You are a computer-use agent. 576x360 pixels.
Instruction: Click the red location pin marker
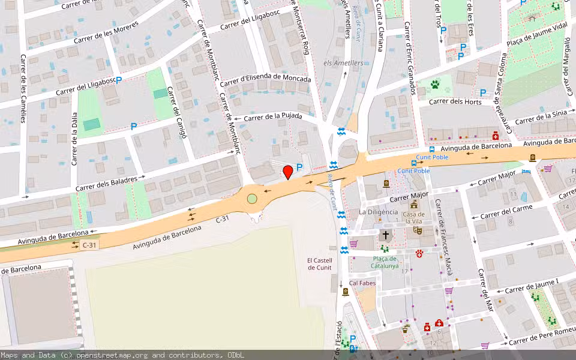(288, 172)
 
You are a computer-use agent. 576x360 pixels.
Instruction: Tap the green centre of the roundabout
(252, 199)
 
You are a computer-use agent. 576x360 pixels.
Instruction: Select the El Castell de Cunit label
(319, 264)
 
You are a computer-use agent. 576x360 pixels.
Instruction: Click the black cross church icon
(385, 235)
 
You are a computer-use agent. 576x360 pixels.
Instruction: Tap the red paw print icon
(419, 254)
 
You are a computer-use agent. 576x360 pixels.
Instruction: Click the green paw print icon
(434, 85)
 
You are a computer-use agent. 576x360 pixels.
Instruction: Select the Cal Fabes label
(362, 283)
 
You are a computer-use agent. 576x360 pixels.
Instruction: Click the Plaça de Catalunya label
(385, 262)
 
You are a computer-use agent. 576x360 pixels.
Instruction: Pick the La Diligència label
(378, 212)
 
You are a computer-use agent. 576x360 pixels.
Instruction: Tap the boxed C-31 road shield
(89, 245)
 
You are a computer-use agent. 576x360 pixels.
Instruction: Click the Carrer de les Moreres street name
(106, 33)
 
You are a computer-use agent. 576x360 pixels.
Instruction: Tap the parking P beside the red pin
(299, 167)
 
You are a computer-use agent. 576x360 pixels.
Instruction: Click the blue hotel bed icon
(526, 172)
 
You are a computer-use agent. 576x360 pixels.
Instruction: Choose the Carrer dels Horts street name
(456, 102)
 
